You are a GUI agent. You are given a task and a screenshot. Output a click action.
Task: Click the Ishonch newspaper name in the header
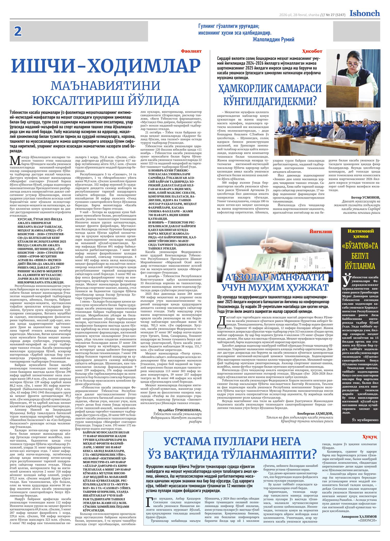pyautogui.click(x=364, y=13)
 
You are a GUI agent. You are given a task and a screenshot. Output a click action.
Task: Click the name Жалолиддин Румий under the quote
pyautogui.click(x=273, y=39)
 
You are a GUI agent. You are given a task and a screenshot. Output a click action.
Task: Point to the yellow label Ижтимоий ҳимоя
pyautogui.click(x=361, y=234)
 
